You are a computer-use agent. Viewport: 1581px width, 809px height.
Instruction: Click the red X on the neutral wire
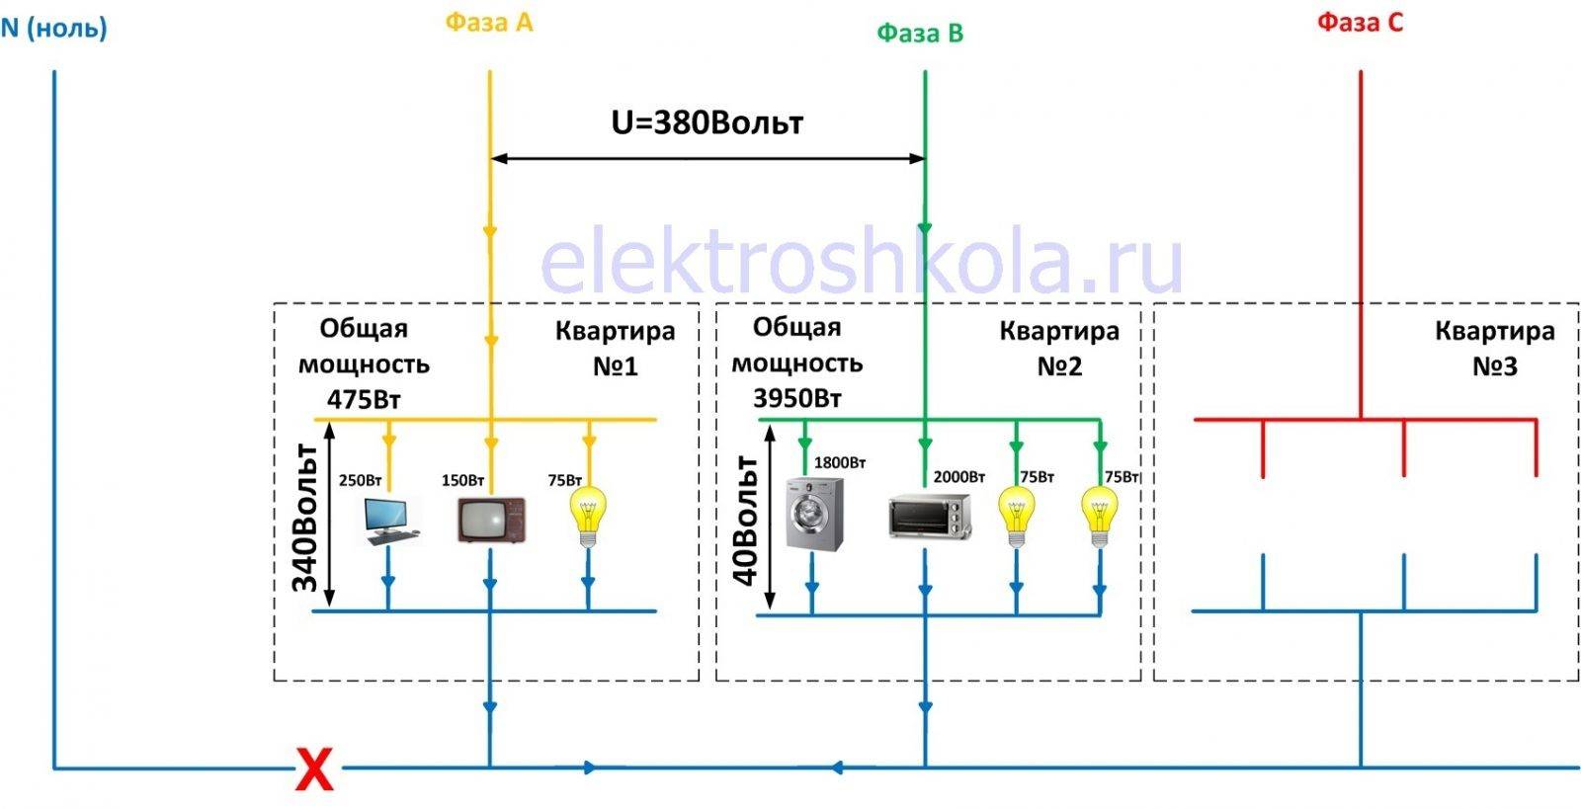click(314, 769)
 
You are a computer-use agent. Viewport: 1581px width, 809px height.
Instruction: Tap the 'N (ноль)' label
click(53, 27)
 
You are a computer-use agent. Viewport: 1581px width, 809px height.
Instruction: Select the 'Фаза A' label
click(488, 23)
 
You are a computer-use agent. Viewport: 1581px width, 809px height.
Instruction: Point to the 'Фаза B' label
click(919, 34)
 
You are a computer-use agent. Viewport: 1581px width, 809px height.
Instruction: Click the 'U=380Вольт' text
click(707, 122)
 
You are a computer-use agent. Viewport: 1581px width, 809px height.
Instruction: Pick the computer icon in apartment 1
click(391, 521)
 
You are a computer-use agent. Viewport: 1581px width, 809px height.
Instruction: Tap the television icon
click(491, 520)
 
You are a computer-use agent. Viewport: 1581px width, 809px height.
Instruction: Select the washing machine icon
click(815, 514)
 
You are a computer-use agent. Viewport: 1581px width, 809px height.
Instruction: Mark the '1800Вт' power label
click(839, 462)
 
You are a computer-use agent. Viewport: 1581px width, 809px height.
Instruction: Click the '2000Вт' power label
click(958, 477)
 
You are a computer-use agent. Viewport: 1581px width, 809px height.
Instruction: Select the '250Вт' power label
click(360, 481)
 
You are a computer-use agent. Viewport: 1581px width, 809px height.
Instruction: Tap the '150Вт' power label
click(462, 481)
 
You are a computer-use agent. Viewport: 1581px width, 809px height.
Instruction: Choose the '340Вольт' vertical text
click(305, 518)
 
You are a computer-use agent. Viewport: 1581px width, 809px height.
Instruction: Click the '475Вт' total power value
click(364, 400)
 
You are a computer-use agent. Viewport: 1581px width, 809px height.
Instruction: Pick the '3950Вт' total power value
click(796, 399)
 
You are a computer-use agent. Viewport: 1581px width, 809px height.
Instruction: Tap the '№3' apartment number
click(1494, 366)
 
